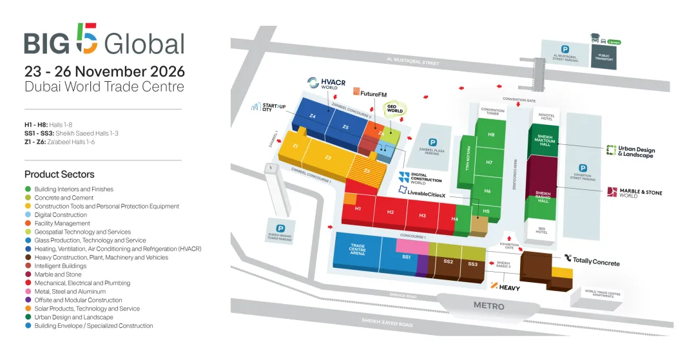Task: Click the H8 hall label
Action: [491, 135]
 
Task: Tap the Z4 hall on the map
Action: [313, 117]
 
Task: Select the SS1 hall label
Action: [406, 257]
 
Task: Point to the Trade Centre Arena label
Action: [357, 249]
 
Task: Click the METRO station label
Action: [489, 306]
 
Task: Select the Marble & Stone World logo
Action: [635, 192]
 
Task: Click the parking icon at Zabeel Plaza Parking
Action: [432, 142]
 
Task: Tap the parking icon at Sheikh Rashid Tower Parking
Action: [280, 228]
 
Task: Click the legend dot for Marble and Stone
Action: [28, 274]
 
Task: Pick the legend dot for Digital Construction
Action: [28, 215]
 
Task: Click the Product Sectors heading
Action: [59, 175]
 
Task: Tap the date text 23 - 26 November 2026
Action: [104, 71]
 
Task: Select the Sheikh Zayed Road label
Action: [387, 322]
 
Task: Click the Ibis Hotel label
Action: [541, 229]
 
